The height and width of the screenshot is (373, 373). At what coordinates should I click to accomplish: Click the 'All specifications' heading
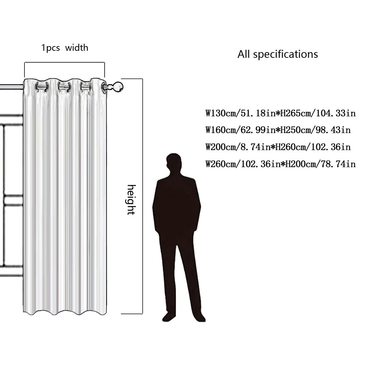(x=277, y=54)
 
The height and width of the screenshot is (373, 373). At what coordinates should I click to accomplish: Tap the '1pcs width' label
(x=65, y=48)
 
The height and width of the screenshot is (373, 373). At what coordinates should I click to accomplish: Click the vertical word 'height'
(x=131, y=200)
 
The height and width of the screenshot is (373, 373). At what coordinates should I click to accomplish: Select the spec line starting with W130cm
(x=280, y=113)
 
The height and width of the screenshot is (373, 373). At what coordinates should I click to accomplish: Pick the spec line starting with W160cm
(x=278, y=130)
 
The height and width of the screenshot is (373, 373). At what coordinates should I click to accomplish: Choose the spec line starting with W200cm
(x=278, y=147)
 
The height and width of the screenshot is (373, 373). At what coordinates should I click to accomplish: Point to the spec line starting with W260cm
(x=280, y=164)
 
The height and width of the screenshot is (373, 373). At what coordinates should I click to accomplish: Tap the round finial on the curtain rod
(x=118, y=87)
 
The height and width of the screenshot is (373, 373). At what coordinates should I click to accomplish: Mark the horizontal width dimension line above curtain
(x=65, y=63)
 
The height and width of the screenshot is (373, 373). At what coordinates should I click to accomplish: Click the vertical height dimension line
(x=143, y=197)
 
